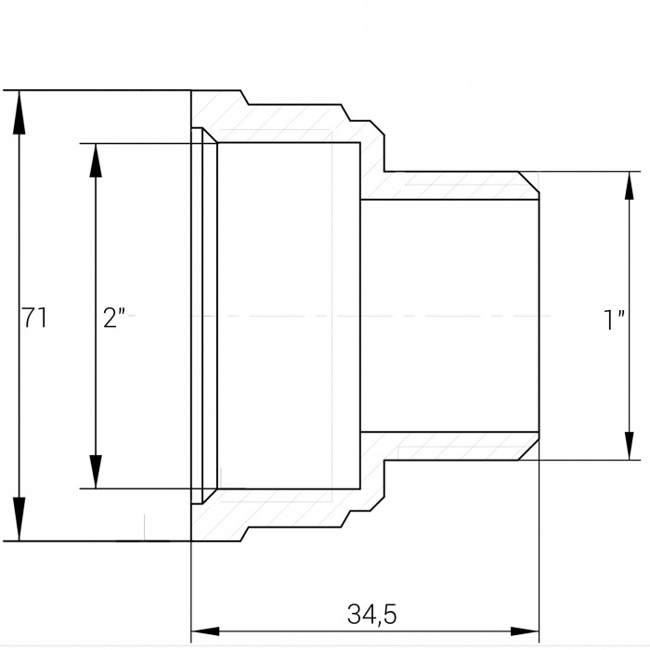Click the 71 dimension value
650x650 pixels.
click(x=34, y=318)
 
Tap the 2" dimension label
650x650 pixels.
click(x=114, y=318)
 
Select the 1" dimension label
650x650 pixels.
click(x=615, y=319)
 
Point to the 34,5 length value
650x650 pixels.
click(x=371, y=615)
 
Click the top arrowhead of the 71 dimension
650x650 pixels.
click(x=19, y=112)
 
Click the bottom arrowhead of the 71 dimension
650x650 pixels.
click(x=19, y=519)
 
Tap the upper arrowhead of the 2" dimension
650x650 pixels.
click(x=96, y=161)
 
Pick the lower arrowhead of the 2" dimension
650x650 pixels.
click(x=96, y=472)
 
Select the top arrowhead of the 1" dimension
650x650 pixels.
click(x=630, y=186)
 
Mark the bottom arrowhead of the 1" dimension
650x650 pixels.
click(x=630, y=446)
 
